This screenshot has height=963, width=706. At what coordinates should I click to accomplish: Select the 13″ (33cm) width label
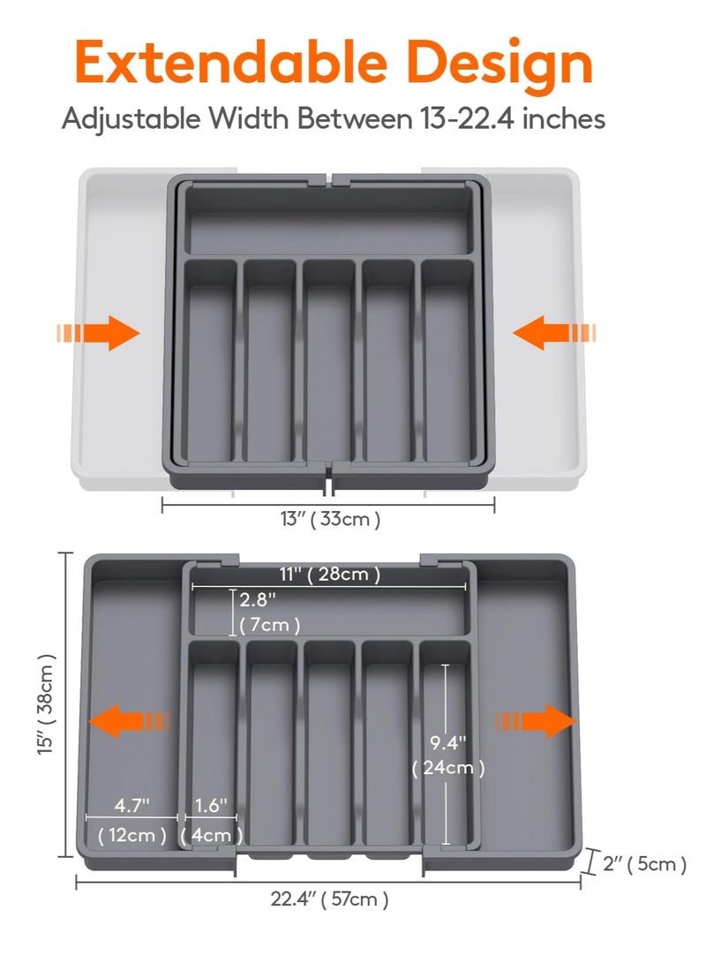tap(326, 520)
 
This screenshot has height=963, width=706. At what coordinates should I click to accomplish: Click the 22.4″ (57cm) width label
tap(329, 900)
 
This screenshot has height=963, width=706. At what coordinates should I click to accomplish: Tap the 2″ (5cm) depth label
tap(644, 864)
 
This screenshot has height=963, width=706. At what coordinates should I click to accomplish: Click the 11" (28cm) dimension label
tap(330, 575)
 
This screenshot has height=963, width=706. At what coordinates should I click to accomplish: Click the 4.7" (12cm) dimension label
tap(132, 820)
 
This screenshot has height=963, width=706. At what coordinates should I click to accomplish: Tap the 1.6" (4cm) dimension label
tap(212, 820)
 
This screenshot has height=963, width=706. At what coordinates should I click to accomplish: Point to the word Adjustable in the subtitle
tap(131, 119)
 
